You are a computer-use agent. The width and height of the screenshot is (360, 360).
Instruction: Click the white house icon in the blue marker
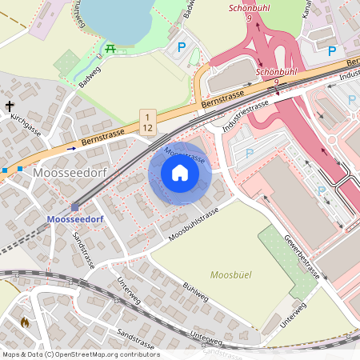pos(180,172)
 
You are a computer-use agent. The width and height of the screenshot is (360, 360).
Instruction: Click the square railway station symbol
pos(74,206)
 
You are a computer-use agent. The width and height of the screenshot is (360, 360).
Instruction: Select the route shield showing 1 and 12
pos(147,122)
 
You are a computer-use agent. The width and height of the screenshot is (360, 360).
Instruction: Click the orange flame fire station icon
pos(24,322)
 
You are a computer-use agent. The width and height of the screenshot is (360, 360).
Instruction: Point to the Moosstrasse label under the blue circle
pos(183,154)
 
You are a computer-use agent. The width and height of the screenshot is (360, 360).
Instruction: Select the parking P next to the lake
pos(182,48)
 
